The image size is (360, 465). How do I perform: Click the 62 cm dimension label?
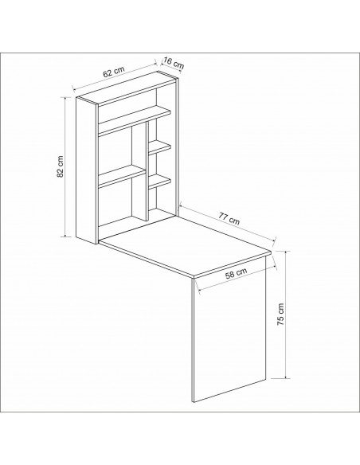tap(114, 72)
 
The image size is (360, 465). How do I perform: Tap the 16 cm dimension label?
tap(174, 64)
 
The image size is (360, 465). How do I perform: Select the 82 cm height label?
tap(61, 166)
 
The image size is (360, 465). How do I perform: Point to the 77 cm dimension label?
tap(229, 218)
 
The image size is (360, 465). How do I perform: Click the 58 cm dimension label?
tap(236, 273)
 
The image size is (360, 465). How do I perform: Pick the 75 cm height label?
tap(280, 315)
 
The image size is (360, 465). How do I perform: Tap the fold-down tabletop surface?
tap(185, 245)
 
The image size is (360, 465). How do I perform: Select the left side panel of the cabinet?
tap(87, 170)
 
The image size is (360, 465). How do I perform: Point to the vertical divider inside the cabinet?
tap(147, 172)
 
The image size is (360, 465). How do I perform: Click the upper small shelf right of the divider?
tap(159, 147)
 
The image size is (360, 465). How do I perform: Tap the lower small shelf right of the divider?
tap(159, 182)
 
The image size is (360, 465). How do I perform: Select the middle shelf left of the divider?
tap(122, 177)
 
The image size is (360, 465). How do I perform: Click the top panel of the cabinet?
tap(127, 88)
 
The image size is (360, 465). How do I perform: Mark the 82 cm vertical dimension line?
tap(65, 166)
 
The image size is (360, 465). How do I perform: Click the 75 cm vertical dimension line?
tap(286, 315)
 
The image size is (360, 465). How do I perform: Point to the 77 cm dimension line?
tap(228, 223)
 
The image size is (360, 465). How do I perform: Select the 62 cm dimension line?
tap(115, 76)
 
